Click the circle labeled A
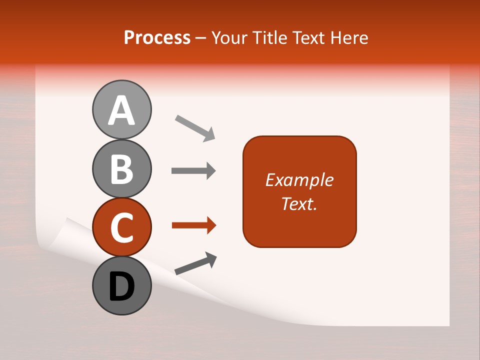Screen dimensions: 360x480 click(x=121, y=110)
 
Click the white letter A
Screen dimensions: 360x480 click(x=121, y=111)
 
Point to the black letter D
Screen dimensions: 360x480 click(x=121, y=287)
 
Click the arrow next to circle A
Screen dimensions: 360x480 click(x=195, y=127)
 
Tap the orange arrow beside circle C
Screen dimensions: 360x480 click(x=193, y=226)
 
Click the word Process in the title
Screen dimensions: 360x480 click(x=157, y=37)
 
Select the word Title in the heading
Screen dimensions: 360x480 click(x=266, y=37)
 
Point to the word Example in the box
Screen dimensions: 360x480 click(x=299, y=180)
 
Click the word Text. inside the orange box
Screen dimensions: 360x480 click(x=299, y=204)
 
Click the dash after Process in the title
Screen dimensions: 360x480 click(x=201, y=38)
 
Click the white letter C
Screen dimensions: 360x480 click(x=121, y=227)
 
